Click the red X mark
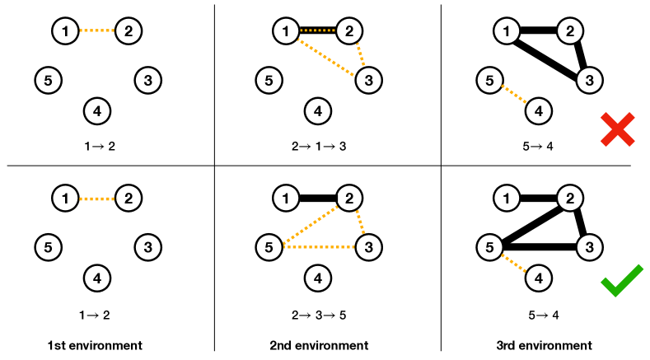click(618, 129)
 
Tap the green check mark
click(621, 281)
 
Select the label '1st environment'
click(96, 345)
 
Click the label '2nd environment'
click(319, 345)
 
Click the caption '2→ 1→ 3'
click(318, 147)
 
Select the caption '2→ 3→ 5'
click(318, 315)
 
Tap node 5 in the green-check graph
click(489, 246)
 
